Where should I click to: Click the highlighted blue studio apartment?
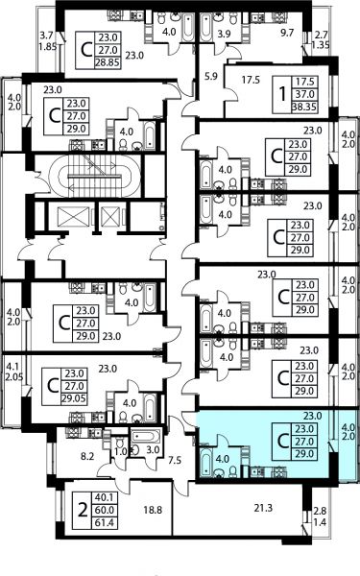click(x=272, y=444)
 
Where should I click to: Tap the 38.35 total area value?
click(x=304, y=107)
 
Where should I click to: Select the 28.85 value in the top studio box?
click(x=108, y=62)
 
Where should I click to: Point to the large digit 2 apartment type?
click(x=84, y=510)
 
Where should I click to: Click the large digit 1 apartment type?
click(x=282, y=94)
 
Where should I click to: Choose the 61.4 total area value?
click(x=105, y=522)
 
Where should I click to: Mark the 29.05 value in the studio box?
click(x=74, y=398)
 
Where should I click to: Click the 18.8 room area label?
click(x=153, y=510)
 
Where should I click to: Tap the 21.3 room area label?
click(x=263, y=508)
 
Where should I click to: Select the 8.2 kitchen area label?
click(x=87, y=457)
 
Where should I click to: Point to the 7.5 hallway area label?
click(x=175, y=460)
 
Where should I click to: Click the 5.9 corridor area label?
click(x=211, y=77)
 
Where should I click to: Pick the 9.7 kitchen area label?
click(x=287, y=33)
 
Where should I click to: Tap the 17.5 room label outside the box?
click(x=251, y=80)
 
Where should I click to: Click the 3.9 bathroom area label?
click(x=224, y=34)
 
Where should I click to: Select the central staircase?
click(x=95, y=176)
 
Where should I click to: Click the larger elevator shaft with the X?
click(x=69, y=217)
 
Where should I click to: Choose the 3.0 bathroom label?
click(x=153, y=449)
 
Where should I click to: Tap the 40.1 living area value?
click(x=105, y=497)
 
